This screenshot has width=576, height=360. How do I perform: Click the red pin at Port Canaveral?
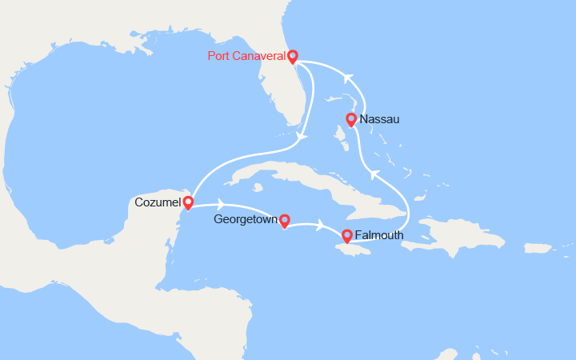pyautogui.click(x=292, y=56)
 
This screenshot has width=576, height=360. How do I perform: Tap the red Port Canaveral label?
pyautogui.click(x=246, y=56)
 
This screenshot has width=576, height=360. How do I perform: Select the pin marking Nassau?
pyautogui.click(x=350, y=120)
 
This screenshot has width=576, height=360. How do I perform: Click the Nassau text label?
pyautogui.click(x=379, y=120)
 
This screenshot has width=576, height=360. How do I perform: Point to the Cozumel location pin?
pyautogui.click(x=187, y=202)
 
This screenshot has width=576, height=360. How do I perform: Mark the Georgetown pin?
pyautogui.click(x=283, y=220)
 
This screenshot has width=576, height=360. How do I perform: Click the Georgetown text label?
pyautogui.click(x=245, y=218)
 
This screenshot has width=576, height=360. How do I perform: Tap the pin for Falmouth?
pyautogui.click(x=346, y=236)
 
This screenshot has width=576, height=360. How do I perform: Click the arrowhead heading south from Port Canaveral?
pyautogui.click(x=300, y=137)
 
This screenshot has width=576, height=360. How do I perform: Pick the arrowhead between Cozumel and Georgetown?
pyautogui.click(x=222, y=206)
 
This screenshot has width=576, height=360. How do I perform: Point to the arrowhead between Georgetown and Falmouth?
pyautogui.click(x=321, y=225)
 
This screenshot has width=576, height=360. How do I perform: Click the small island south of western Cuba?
pyautogui.click(x=258, y=190)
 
